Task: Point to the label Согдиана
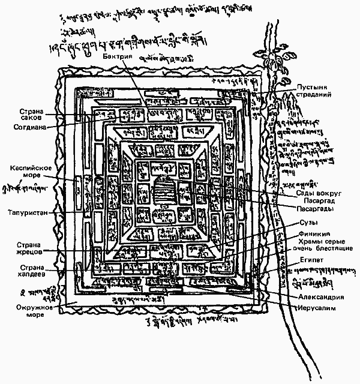pyautogui.click(x=27, y=127)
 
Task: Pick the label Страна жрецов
pyautogui.click(x=28, y=248)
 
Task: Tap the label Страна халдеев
pyautogui.click(x=28, y=272)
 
